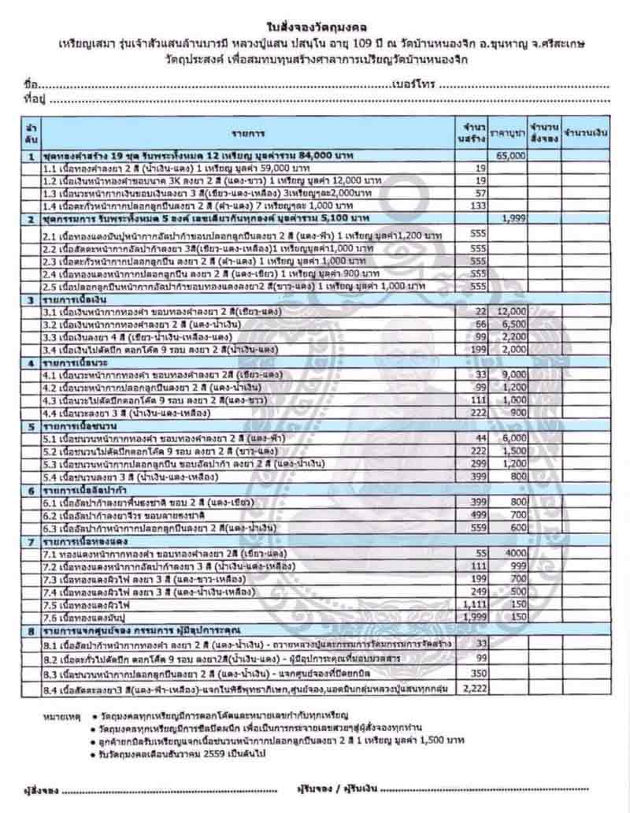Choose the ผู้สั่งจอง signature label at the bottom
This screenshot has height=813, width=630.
[35, 789]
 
